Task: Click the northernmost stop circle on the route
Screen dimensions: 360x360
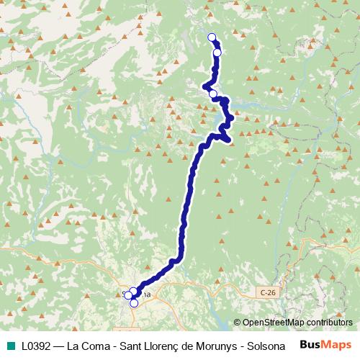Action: click(212, 37)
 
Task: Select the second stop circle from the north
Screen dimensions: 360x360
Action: click(217, 52)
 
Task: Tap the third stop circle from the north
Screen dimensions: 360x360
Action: click(213, 94)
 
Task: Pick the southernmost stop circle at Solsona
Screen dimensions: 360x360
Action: click(134, 303)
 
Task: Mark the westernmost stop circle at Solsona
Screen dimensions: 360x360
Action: click(127, 294)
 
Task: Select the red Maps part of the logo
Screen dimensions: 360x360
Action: click(338, 344)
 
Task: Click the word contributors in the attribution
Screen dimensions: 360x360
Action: click(330, 323)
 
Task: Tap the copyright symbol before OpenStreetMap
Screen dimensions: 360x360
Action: click(238, 323)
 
